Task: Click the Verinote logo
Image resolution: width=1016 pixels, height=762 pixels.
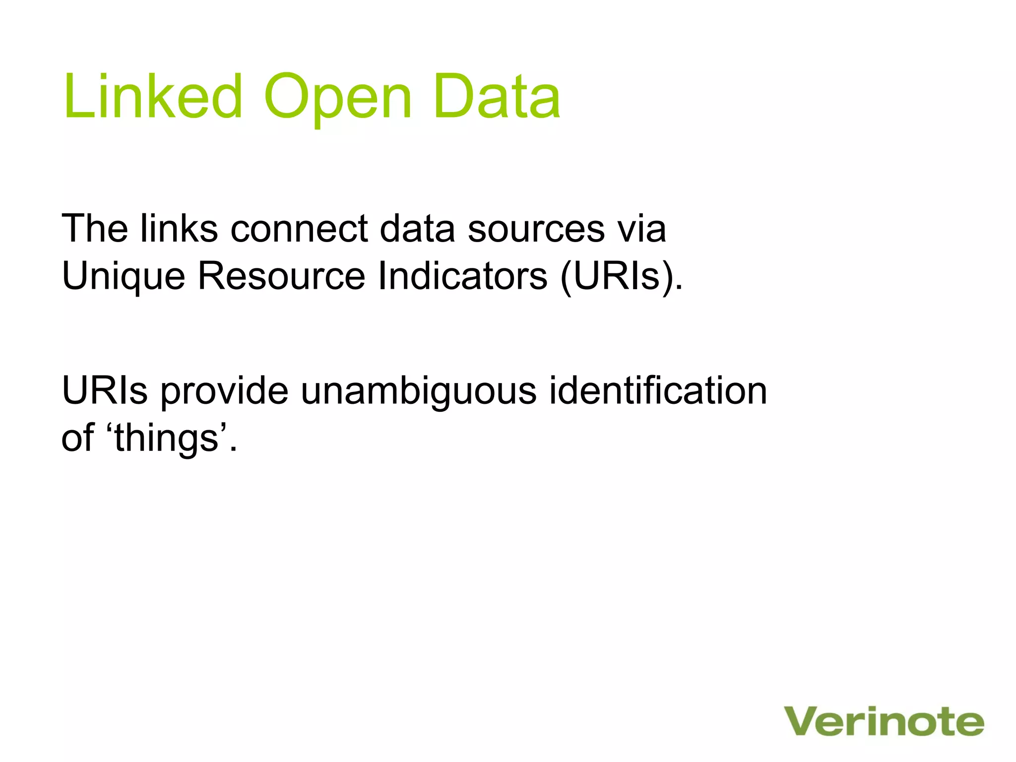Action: click(x=884, y=722)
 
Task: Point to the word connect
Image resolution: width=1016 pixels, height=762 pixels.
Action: click(x=299, y=229)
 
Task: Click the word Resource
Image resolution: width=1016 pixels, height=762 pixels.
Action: click(x=281, y=276)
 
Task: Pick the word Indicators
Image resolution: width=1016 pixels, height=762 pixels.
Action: click(x=462, y=276)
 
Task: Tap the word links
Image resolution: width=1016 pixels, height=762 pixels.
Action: click(x=179, y=229)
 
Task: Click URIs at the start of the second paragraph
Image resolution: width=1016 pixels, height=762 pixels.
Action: click(x=105, y=391)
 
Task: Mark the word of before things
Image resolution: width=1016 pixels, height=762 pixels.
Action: click(x=77, y=439)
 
